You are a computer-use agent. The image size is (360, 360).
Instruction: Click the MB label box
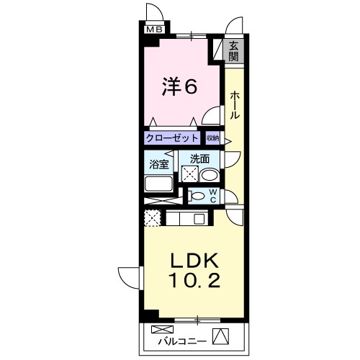click(154, 30)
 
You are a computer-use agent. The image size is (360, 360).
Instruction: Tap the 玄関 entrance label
click(233, 53)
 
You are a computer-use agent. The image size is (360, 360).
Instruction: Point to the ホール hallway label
click(235, 105)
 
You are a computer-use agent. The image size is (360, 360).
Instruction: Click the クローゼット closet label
click(172, 138)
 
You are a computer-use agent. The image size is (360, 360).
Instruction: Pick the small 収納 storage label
click(213, 138)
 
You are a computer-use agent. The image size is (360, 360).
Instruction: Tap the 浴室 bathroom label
click(158, 164)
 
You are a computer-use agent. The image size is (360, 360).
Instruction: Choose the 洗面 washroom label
click(199, 159)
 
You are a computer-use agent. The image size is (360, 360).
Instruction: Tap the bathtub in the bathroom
click(162, 183)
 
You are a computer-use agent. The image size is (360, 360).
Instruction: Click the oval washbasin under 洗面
click(209, 175)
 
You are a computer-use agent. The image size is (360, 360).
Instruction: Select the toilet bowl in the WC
click(197, 194)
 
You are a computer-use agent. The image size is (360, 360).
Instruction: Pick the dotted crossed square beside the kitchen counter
click(153, 217)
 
